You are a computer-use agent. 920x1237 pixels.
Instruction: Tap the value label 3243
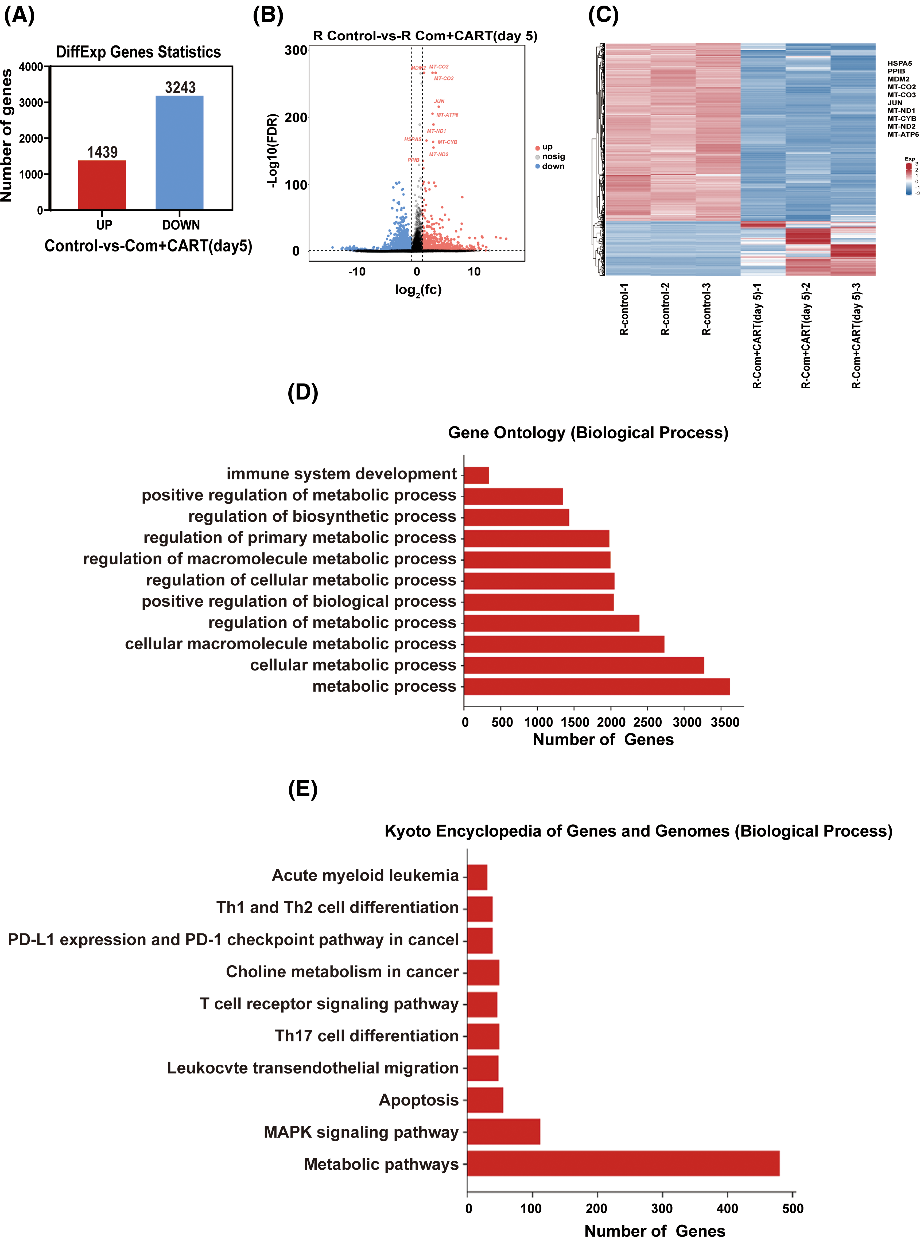[x=180, y=87]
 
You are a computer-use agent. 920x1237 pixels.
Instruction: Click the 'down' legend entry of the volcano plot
[x=552, y=166]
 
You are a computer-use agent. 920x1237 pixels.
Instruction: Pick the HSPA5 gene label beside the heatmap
[x=899, y=64]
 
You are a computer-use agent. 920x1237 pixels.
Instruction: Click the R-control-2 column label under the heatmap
[x=665, y=309]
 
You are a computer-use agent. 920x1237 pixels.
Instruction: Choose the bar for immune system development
[x=476, y=475]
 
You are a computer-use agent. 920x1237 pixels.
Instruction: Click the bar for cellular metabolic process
[x=584, y=666]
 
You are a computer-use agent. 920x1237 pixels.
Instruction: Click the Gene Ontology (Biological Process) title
[x=588, y=433]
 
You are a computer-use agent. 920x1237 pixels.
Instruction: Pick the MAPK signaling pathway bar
[x=503, y=1132]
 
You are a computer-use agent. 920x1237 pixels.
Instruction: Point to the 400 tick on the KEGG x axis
[x=727, y=1209]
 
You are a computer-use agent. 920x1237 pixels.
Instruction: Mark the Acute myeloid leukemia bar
[x=477, y=877]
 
